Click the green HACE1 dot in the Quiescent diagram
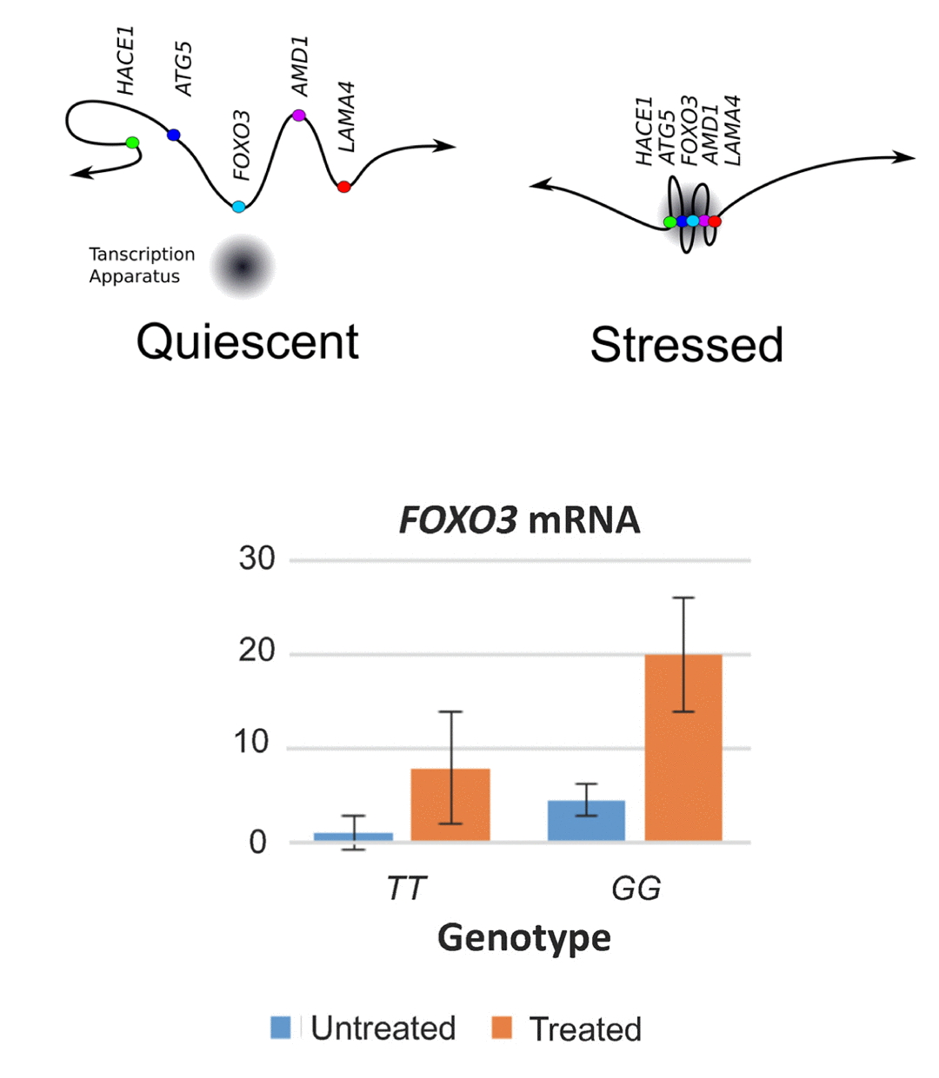click(132, 142)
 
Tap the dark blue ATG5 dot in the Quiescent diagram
click(174, 135)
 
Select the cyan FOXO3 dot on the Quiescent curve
click(238, 207)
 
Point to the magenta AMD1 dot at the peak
click(299, 115)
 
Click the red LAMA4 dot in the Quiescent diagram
click(343, 186)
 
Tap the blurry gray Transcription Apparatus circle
click(243, 267)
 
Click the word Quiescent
click(247, 341)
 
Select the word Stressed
click(686, 345)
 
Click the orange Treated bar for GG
click(683, 747)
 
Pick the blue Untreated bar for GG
click(586, 820)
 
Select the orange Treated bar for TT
click(450, 804)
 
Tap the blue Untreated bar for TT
click(353, 837)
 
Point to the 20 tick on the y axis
click(256, 651)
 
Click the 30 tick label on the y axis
click(256, 559)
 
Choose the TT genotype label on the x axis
click(406, 889)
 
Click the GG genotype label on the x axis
click(636, 889)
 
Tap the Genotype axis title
click(523, 938)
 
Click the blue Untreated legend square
click(281, 1028)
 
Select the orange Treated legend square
click(502, 1028)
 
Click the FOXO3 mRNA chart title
click(519, 520)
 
